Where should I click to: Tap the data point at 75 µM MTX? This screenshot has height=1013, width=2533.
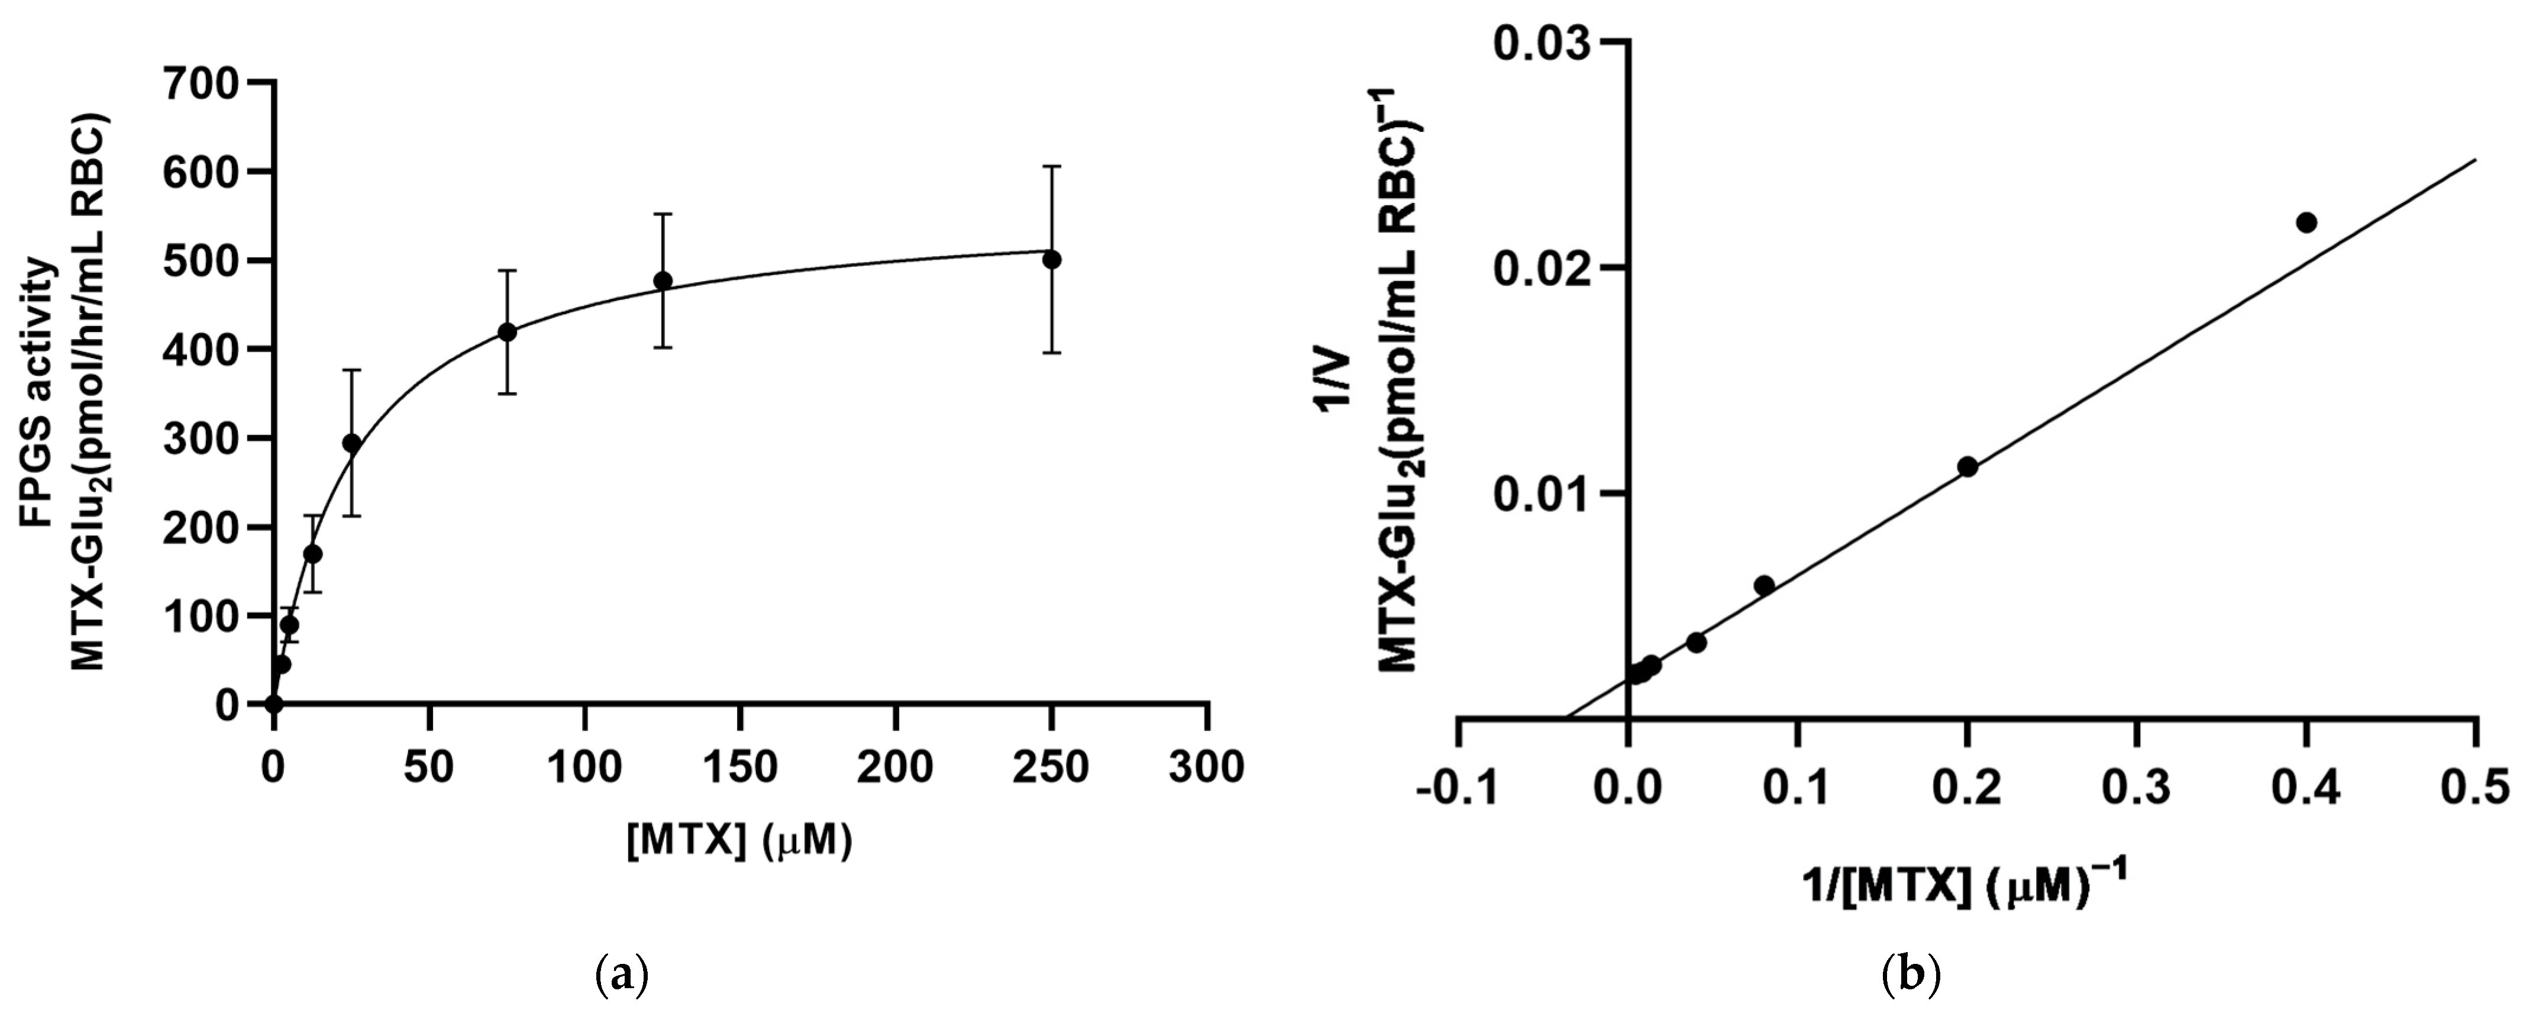click(506, 333)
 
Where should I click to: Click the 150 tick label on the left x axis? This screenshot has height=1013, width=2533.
click(739, 767)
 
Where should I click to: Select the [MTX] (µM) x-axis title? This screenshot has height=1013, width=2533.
click(739, 842)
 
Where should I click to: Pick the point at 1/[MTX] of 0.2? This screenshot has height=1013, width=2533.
click(1967, 466)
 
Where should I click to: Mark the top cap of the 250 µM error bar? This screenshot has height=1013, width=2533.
click(1051, 167)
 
